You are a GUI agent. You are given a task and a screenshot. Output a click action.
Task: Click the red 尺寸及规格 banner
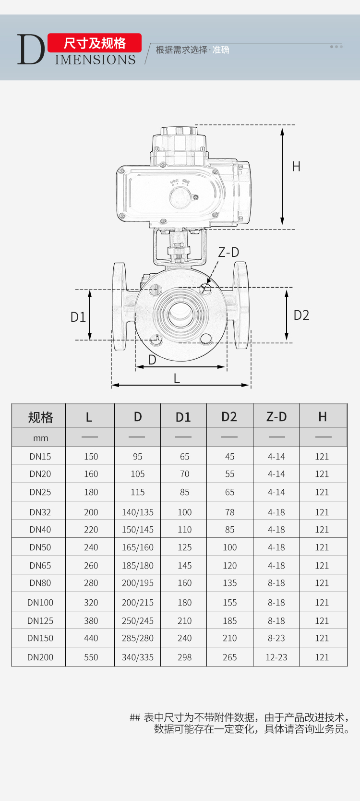tap(95, 43)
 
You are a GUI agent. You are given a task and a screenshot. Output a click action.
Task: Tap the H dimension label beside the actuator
tap(296, 167)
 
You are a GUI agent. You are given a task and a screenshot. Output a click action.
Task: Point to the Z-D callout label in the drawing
tap(228, 253)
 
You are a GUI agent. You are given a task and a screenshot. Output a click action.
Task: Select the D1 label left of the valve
tap(78, 317)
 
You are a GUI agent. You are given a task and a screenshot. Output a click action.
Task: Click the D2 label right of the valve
tap(301, 315)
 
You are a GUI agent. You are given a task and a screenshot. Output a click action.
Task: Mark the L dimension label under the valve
tap(177, 378)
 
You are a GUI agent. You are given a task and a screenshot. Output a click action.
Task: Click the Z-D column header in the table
tap(276, 417)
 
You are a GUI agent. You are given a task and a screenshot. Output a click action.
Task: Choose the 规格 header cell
tap(40, 417)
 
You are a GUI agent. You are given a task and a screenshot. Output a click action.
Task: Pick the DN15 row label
tap(40, 456)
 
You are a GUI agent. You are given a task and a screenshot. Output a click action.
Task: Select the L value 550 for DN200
tap(91, 657)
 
